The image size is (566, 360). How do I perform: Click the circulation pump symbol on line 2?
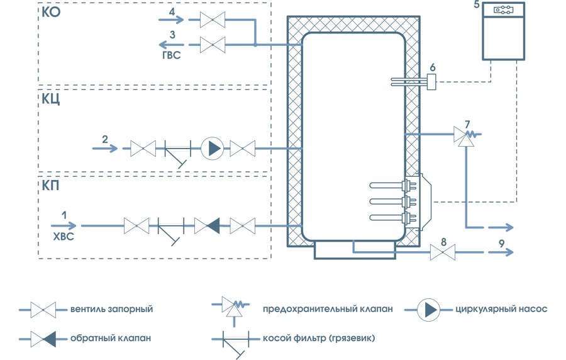tap(212, 149)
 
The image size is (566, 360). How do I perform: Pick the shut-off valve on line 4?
tap(212, 21)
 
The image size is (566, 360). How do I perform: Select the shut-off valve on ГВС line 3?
tap(212, 45)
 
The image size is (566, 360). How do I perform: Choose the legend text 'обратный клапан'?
tap(109, 339)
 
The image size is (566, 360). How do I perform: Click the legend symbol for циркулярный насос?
tap(431, 309)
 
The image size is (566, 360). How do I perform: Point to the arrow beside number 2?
tap(105, 149)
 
